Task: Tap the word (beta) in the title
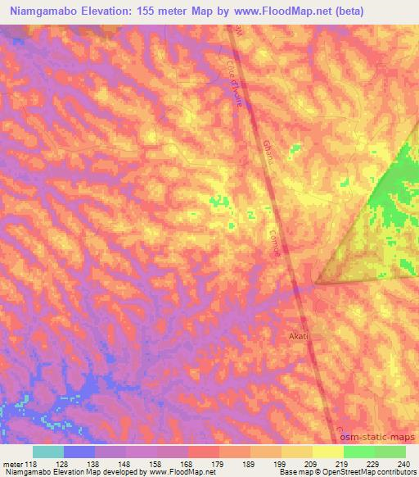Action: pyautogui.click(x=322, y=11)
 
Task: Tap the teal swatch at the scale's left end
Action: pyautogui.click(x=48, y=451)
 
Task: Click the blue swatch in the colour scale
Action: pyautogui.click(x=79, y=451)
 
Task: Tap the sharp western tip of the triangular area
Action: pyautogui.click(x=316, y=284)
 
